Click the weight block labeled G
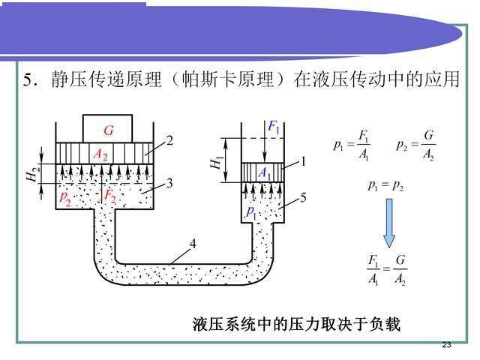click(107, 129)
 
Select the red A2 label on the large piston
click(100, 154)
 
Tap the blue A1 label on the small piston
click(265, 172)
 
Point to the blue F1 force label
click(274, 127)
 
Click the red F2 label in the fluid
click(110, 196)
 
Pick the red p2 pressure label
click(65, 197)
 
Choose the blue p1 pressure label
click(251, 212)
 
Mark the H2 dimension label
click(33, 174)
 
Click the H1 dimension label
click(216, 163)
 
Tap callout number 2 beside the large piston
click(169, 140)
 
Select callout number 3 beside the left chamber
click(169, 183)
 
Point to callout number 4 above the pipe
click(193, 244)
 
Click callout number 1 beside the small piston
click(303, 161)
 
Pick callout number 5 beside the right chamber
click(303, 197)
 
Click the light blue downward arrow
click(389, 223)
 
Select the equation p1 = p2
click(385, 185)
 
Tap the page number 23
click(447, 345)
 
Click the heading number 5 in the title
click(28, 80)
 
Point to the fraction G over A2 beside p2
click(428, 145)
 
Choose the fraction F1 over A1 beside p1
click(364, 145)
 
